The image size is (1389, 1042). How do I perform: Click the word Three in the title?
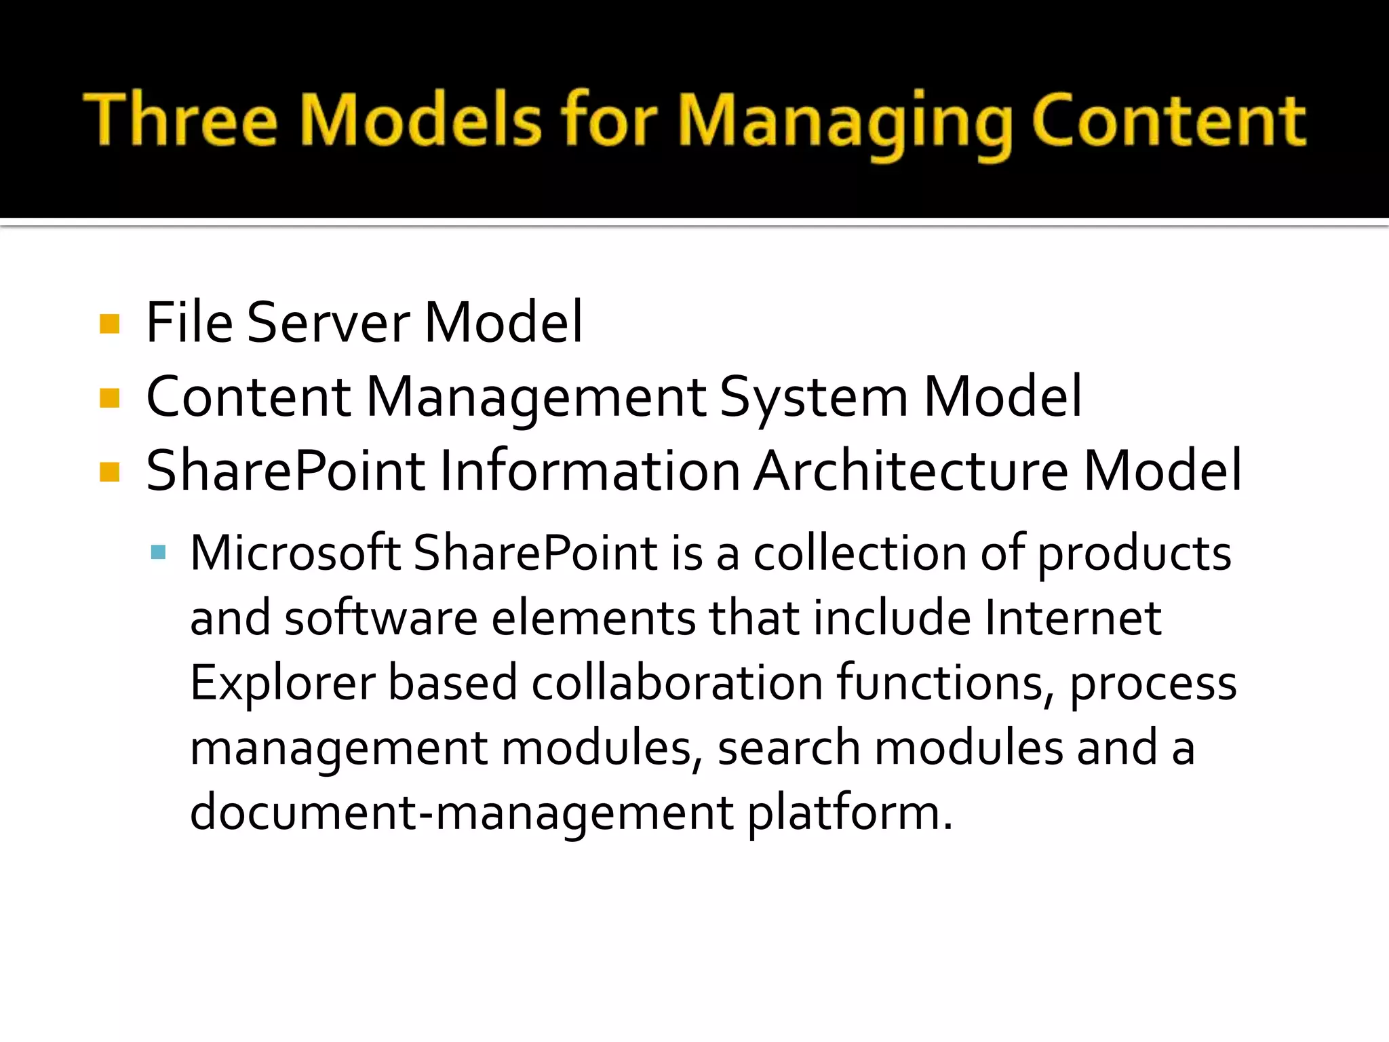[x=180, y=120]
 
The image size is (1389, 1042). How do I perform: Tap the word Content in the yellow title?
[x=1168, y=120]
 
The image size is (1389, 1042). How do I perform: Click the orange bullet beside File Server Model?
[x=109, y=324]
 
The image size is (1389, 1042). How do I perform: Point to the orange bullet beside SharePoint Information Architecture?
[x=109, y=471]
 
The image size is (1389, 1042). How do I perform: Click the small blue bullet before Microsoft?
[x=159, y=552]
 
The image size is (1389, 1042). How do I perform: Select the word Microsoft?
[x=295, y=552]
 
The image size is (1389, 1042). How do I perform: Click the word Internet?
[x=1073, y=617]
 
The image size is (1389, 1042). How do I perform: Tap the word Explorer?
[x=282, y=684]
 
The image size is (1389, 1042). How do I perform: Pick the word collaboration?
[x=677, y=682]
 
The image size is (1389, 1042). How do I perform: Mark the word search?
[x=789, y=747]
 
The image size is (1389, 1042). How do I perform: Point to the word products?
[x=1135, y=554]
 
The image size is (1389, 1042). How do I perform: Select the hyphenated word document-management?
[x=461, y=813]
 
